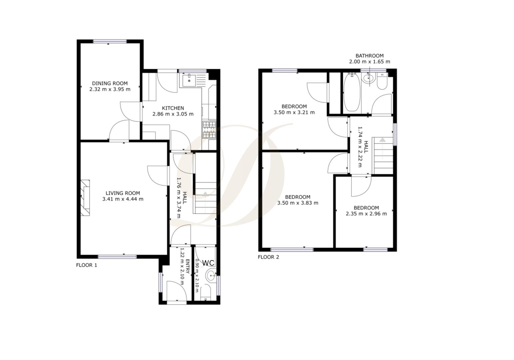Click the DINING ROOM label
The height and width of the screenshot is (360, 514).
pos(110,83)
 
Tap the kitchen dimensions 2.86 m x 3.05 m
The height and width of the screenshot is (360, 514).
pos(173,114)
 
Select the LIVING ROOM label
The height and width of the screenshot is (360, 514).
pos(123,193)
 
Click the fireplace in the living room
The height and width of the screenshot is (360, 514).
pos(85,198)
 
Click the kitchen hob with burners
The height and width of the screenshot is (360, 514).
pos(209,130)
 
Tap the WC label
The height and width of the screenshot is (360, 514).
pos(208,263)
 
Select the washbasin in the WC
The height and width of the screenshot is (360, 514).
pos(210,276)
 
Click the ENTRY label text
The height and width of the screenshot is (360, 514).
pos(187,266)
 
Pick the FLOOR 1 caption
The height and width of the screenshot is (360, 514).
pos(87,265)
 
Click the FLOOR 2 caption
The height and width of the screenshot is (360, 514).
pos(268,257)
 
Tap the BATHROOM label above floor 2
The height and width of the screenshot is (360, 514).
pos(369,56)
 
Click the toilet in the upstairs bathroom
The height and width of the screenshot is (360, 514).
pos(382,82)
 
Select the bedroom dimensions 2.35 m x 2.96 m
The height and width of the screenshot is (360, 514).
pos(366,214)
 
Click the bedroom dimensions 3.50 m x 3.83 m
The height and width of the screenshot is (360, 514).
pos(297,203)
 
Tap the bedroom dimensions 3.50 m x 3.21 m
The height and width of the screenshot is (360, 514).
pos(294,112)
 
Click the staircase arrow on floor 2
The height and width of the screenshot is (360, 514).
pos(382,140)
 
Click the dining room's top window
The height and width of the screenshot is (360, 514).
pos(110,41)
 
